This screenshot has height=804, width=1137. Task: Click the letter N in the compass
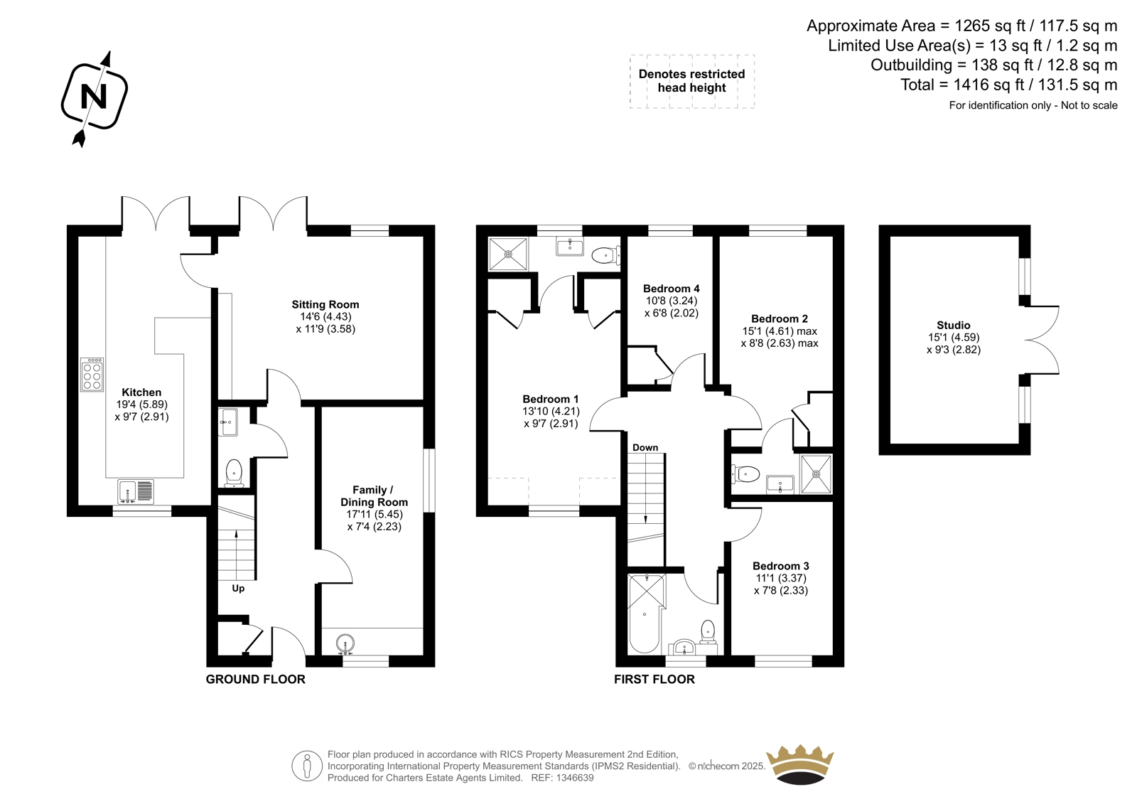tap(95, 96)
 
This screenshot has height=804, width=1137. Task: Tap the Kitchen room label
tap(141, 392)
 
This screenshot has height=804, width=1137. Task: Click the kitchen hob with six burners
tap(92, 375)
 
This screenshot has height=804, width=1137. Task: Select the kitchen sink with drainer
tap(136, 492)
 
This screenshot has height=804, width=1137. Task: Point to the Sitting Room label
tap(325, 305)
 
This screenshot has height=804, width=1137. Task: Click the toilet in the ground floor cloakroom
tap(234, 472)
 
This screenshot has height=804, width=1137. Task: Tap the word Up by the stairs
tap(238, 588)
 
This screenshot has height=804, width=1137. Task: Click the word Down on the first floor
tap(645, 447)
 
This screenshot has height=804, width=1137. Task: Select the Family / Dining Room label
tap(374, 495)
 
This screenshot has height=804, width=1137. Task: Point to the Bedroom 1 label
tap(551, 400)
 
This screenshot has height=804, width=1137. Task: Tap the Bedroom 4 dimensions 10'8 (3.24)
tap(672, 301)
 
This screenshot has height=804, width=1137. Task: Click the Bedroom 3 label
tap(781, 566)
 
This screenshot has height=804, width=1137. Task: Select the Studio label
tap(953, 325)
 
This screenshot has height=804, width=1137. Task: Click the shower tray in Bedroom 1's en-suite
tap(508, 254)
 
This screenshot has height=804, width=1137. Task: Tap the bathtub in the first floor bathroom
tap(645, 613)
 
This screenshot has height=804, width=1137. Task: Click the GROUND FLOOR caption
tap(255, 679)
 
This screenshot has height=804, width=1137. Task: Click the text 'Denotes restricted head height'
tap(692, 81)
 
